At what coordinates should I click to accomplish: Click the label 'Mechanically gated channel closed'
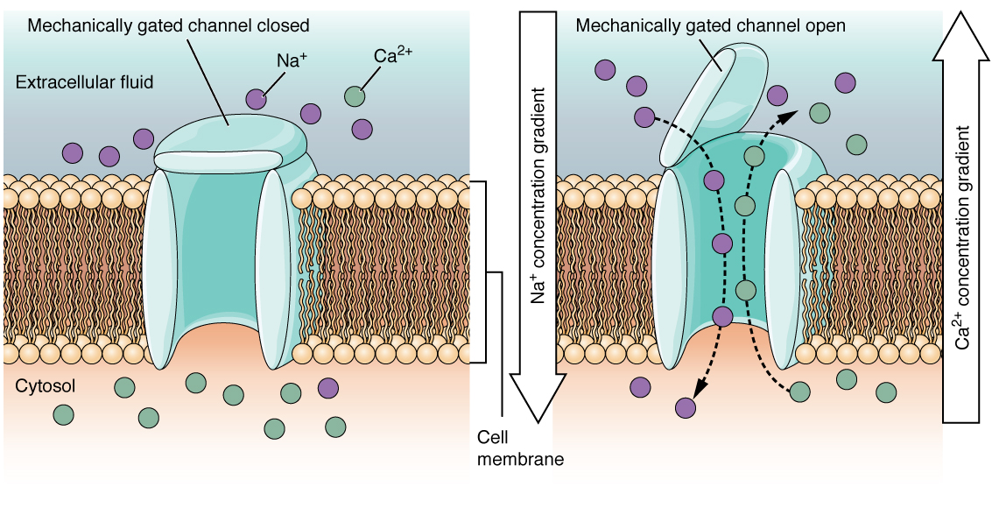click(x=168, y=26)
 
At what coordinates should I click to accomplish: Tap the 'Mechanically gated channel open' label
click(x=710, y=26)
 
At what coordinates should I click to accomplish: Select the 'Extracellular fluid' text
click(x=85, y=82)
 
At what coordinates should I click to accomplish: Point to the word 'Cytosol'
click(x=41, y=386)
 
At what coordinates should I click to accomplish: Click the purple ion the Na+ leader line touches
click(x=256, y=99)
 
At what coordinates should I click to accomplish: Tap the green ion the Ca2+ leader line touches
click(x=354, y=95)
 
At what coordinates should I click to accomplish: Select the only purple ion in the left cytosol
click(x=327, y=386)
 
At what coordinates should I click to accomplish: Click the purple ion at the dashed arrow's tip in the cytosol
click(x=686, y=406)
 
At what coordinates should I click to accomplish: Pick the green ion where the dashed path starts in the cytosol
click(x=799, y=392)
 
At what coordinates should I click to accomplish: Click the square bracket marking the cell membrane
click(x=482, y=272)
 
